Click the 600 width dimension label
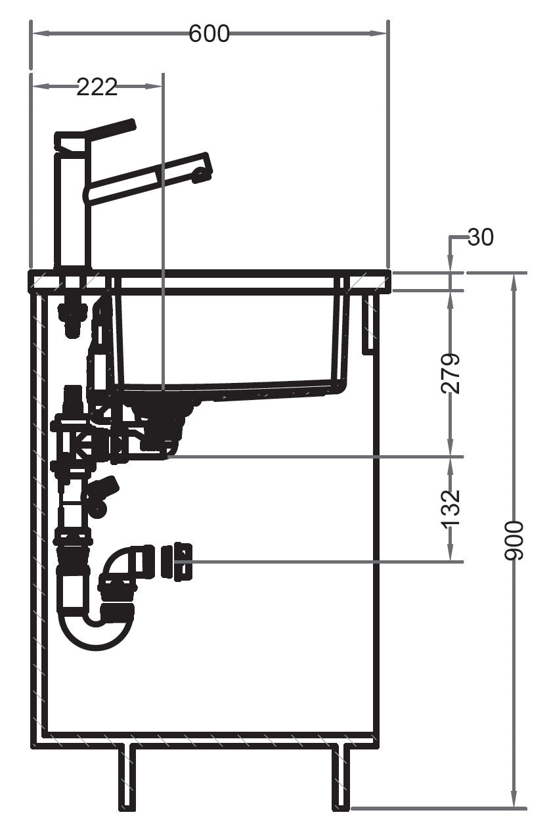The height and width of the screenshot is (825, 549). (x=209, y=33)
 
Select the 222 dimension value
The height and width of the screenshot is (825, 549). (x=97, y=87)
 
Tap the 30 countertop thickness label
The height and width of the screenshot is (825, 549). (x=481, y=237)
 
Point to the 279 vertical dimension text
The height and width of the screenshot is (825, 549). (x=450, y=374)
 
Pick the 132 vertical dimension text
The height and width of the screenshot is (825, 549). (x=450, y=508)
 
